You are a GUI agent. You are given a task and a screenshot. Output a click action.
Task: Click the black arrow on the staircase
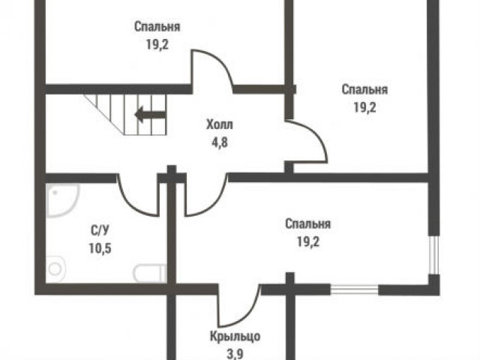pos(151,115)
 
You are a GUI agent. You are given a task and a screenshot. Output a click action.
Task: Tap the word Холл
pos(220,125)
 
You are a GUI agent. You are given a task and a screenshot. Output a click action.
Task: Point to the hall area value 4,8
pos(220,142)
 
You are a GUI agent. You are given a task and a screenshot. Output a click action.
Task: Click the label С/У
pos(100,230)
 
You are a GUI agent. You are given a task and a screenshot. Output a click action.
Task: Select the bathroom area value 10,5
pos(100,248)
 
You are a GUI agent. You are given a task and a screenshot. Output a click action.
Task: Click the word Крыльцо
pos(235,337)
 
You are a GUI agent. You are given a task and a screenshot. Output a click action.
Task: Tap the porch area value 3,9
pos(235,354)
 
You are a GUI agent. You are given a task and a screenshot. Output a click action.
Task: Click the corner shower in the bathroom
pos(63,200)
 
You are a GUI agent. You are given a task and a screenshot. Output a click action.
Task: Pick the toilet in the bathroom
pos(150,274)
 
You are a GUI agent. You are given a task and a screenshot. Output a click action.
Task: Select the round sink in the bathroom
pos(55,269)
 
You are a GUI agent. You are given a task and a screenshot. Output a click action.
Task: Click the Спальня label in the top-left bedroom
pos(157,27)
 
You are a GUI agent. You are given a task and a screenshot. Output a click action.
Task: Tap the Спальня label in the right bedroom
pos(364,90)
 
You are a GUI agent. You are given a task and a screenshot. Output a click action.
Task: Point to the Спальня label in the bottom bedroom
pos(307,224)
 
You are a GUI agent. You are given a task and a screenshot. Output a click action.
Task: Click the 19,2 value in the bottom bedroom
pos(308,242)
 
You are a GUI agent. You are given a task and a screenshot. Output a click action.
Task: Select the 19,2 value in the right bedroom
pos(365,107)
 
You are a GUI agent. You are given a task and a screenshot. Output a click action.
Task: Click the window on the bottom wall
pos(355,289)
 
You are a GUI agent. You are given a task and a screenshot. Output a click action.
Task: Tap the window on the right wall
pos(433,255)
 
